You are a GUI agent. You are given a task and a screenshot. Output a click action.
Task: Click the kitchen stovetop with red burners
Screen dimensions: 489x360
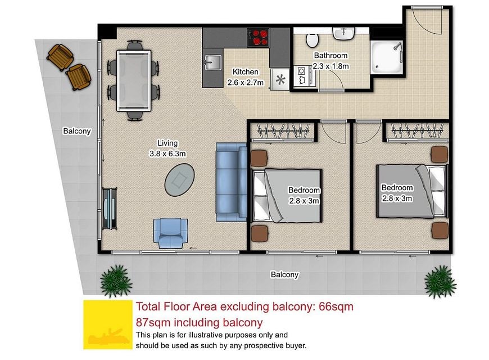point(258,38)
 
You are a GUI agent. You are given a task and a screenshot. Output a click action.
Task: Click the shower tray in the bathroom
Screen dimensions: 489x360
point(387,57)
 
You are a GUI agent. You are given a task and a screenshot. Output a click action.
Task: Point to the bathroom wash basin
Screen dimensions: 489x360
point(343,33)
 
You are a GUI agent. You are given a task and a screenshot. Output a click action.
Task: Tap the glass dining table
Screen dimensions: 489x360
point(134,80)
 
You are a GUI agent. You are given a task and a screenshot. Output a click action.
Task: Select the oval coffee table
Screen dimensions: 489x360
point(180,179)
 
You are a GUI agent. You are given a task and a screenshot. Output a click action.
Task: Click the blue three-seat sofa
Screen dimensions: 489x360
point(232,182)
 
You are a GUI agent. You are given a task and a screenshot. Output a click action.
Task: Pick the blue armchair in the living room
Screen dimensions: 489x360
point(171,233)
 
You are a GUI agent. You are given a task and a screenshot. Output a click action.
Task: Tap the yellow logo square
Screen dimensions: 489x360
point(108,325)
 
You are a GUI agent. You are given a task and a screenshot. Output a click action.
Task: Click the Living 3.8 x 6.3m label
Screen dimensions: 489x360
point(167,148)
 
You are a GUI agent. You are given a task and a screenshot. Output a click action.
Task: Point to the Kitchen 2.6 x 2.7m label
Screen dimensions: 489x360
point(246,77)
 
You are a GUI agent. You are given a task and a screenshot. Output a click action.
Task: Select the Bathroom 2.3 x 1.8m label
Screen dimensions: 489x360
point(330,61)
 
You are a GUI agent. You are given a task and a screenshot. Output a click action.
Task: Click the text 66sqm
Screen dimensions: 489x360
point(336,307)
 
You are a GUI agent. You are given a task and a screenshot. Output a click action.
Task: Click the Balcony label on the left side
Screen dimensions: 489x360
point(76,131)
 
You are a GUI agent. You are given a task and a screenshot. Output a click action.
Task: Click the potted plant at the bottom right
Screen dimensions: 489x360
point(440,282)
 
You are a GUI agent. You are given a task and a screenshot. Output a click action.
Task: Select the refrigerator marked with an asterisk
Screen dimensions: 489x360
point(280,80)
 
